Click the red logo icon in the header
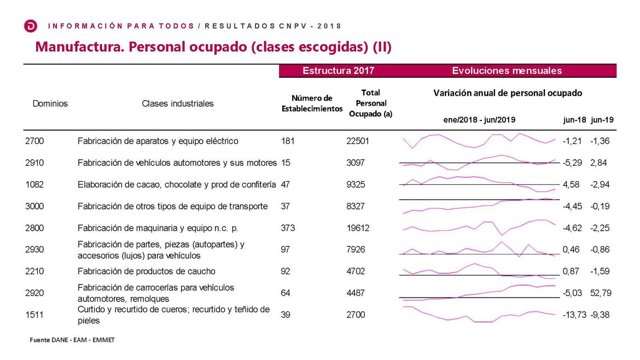(31, 26)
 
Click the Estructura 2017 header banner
(338, 71)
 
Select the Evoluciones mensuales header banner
(507, 71)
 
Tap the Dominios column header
(50, 103)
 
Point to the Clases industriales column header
(178, 103)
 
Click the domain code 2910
(34, 162)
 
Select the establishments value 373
(288, 228)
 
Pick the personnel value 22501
(358, 141)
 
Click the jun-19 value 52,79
(601, 293)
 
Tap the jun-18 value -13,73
(574, 315)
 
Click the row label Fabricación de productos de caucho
(147, 271)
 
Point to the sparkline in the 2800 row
(479, 227)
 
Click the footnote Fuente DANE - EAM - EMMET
(72, 340)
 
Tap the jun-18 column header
(574, 119)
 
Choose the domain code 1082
(34, 184)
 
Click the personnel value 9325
(356, 184)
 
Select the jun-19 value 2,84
(598, 162)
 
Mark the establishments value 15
(285, 162)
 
